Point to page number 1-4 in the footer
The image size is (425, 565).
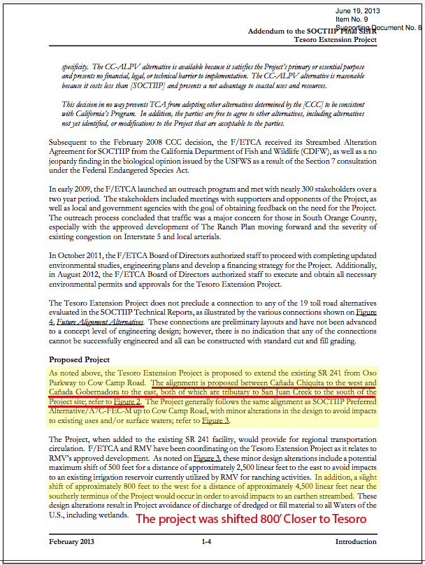[x=208, y=542]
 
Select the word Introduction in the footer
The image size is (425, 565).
[x=356, y=542]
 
